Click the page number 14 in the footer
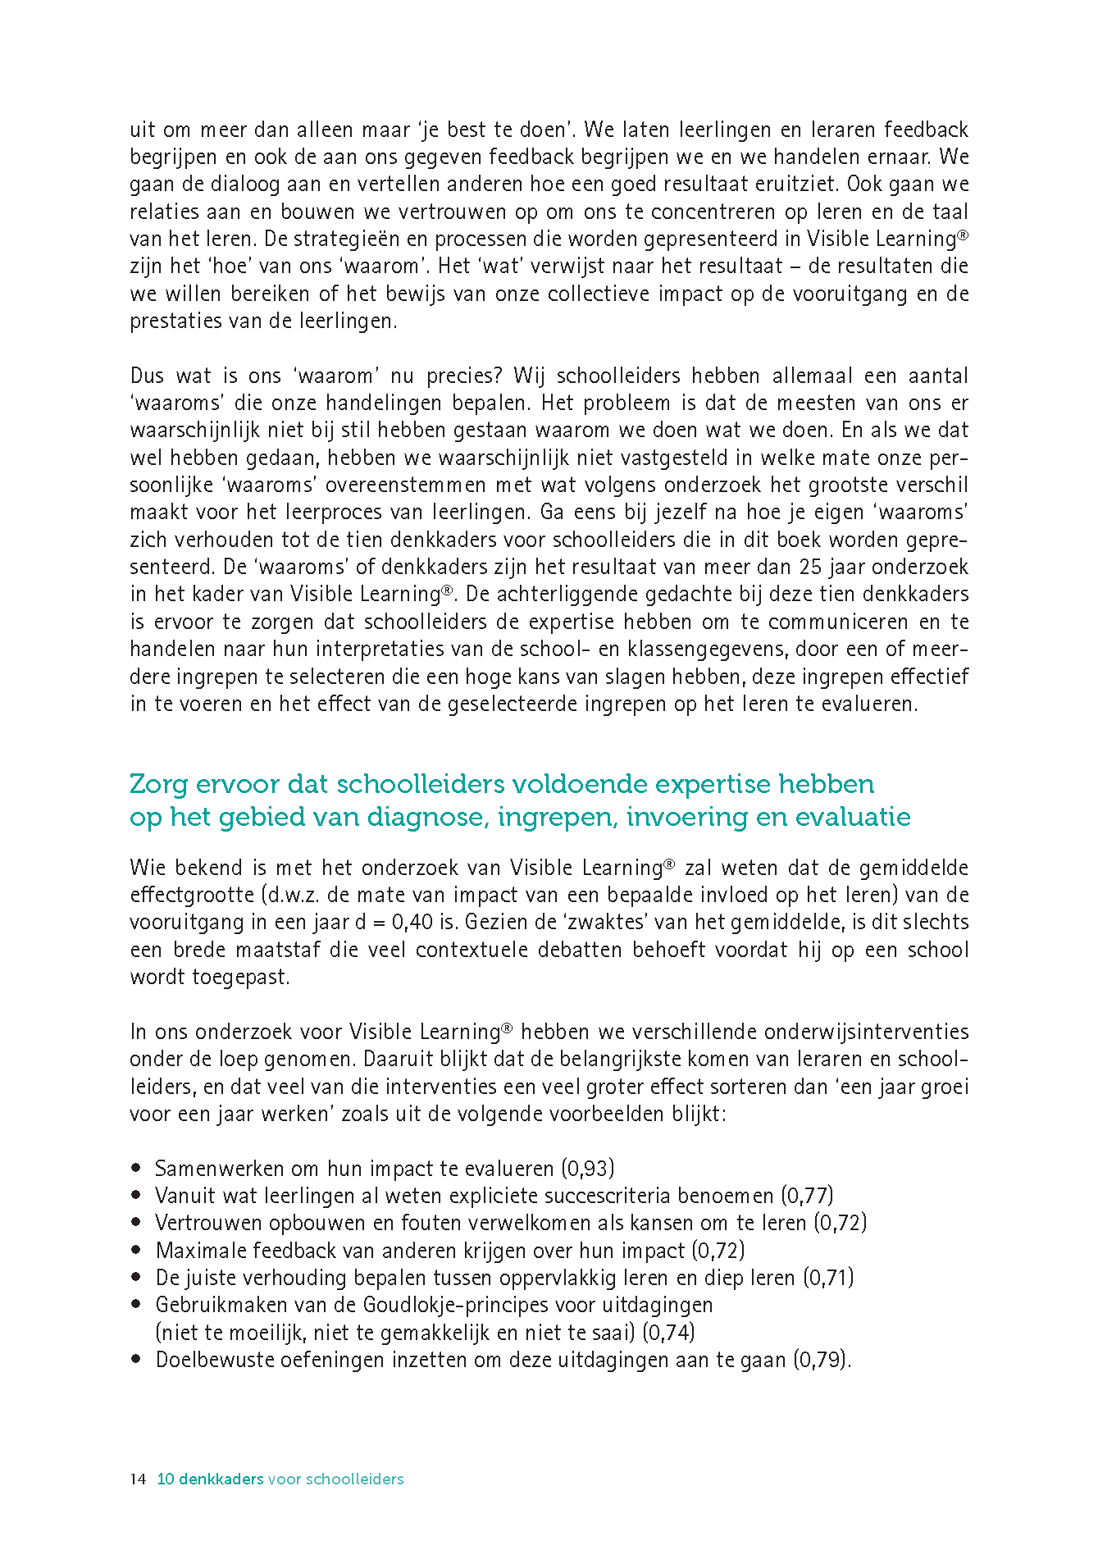coord(137,1479)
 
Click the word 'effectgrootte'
coord(193,896)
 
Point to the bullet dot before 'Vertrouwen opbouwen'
coord(136,1223)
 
